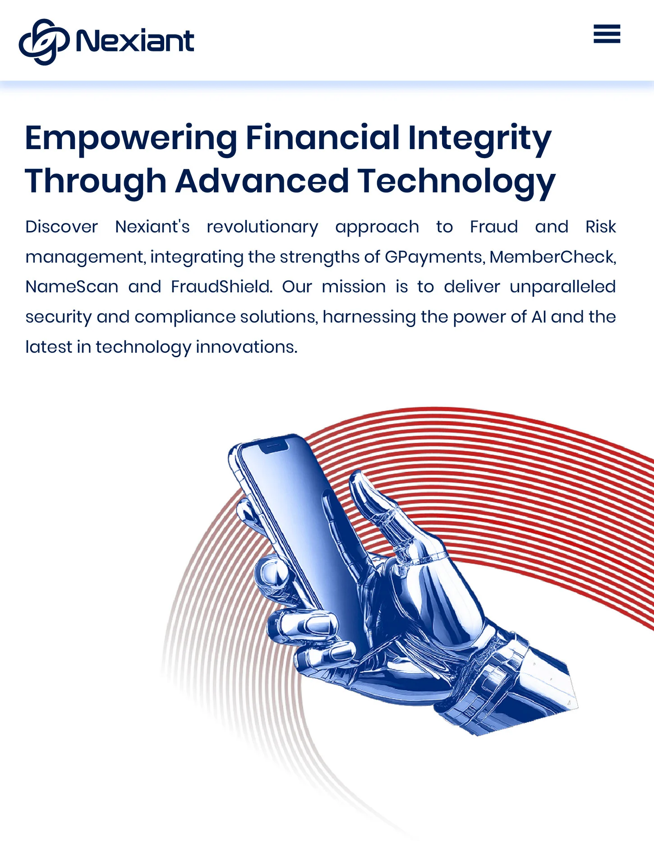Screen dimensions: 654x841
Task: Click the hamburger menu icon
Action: (607, 34)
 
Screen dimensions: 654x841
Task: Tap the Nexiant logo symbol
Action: (44, 41)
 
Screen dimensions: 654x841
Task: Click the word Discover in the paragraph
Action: (61, 227)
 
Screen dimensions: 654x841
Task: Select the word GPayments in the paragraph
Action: (435, 257)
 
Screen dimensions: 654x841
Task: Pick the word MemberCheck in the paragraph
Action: (553, 257)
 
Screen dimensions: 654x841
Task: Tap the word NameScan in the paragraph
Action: (72, 286)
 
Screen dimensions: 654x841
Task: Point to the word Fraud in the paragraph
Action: (494, 227)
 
